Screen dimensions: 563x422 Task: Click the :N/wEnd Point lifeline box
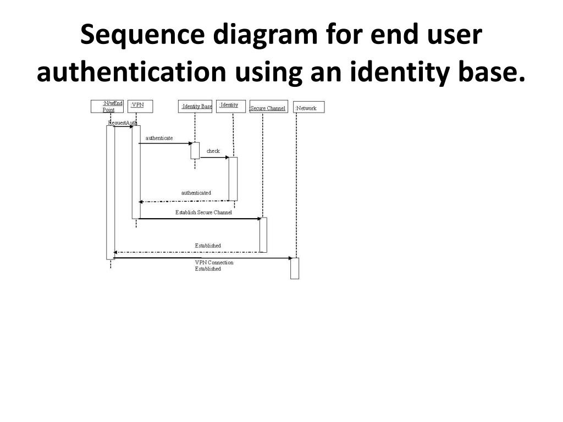coord(107,106)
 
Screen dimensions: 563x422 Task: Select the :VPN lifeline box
coord(140,106)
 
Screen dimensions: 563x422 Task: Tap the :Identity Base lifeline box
coord(195,106)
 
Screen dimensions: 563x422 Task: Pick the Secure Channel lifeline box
coord(268,108)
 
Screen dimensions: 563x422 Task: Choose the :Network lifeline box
coord(308,108)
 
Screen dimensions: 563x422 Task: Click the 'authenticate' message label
coord(159,138)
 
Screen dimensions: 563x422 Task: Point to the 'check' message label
coord(213,151)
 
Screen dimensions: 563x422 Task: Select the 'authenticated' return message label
coord(196,193)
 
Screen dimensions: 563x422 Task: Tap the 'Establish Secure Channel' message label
coord(203,212)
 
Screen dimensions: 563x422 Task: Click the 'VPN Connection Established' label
coord(214,265)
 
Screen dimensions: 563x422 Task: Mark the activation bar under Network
coord(295,268)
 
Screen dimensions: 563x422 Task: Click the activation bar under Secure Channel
coord(263,235)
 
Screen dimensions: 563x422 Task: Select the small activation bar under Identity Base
coord(195,151)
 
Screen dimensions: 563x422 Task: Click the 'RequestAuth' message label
coord(122,123)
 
